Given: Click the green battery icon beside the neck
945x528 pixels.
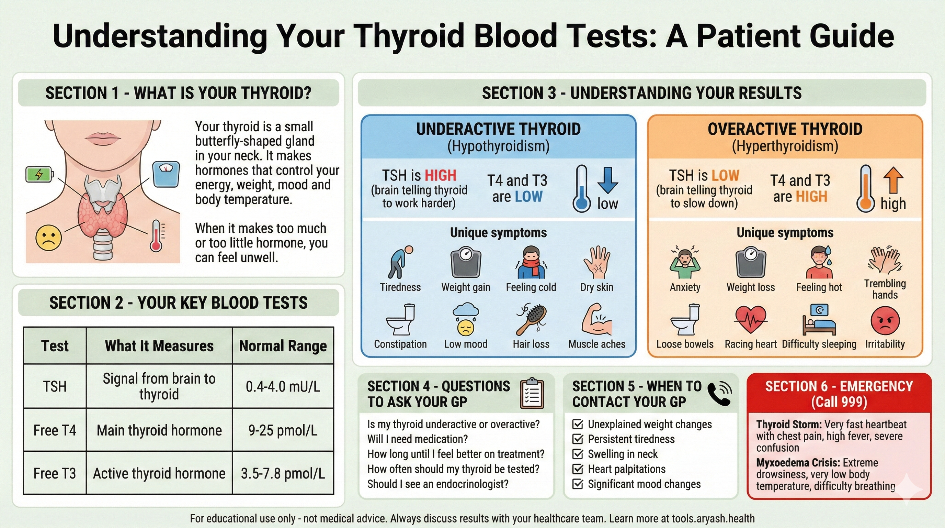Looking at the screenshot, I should (39, 174).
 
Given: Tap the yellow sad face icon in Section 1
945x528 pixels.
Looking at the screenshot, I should (48, 238).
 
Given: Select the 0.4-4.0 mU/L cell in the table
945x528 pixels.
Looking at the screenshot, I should (283, 386).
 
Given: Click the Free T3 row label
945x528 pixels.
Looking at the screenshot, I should (55, 473).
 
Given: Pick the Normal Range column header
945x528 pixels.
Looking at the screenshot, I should (283, 346).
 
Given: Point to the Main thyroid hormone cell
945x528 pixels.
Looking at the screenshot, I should (159, 430).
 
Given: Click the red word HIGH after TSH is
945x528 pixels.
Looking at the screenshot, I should (440, 176).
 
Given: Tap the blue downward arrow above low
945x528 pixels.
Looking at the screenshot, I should (607, 180).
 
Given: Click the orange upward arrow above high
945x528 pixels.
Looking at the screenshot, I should (893, 180).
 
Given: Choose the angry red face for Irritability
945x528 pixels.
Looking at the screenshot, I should (885, 320).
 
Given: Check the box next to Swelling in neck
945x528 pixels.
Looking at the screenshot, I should (578, 454).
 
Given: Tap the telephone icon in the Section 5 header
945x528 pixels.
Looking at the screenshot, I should (719, 394).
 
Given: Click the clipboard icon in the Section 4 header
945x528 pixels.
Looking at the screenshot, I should (532, 394).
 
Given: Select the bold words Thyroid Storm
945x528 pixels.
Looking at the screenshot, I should (789, 425).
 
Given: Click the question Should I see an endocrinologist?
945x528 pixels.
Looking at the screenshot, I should (438, 484).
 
